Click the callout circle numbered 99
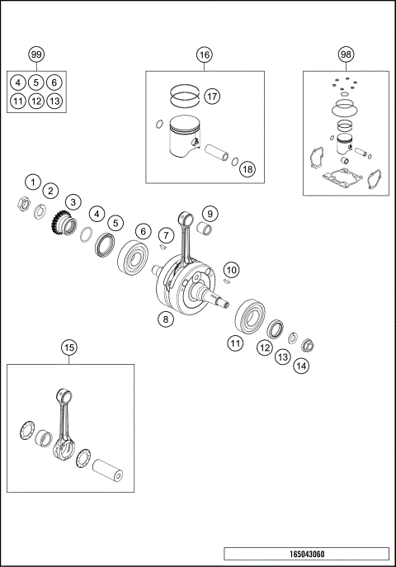(36, 54)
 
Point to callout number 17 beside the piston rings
(211, 97)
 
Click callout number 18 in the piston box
(247, 168)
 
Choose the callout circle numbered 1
(32, 182)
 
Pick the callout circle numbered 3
(73, 201)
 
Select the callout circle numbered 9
(210, 214)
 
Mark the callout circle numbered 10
(232, 269)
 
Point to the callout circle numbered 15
(68, 347)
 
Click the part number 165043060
(305, 553)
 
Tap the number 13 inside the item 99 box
(54, 102)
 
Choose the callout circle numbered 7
(168, 236)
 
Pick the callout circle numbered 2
(50, 191)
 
